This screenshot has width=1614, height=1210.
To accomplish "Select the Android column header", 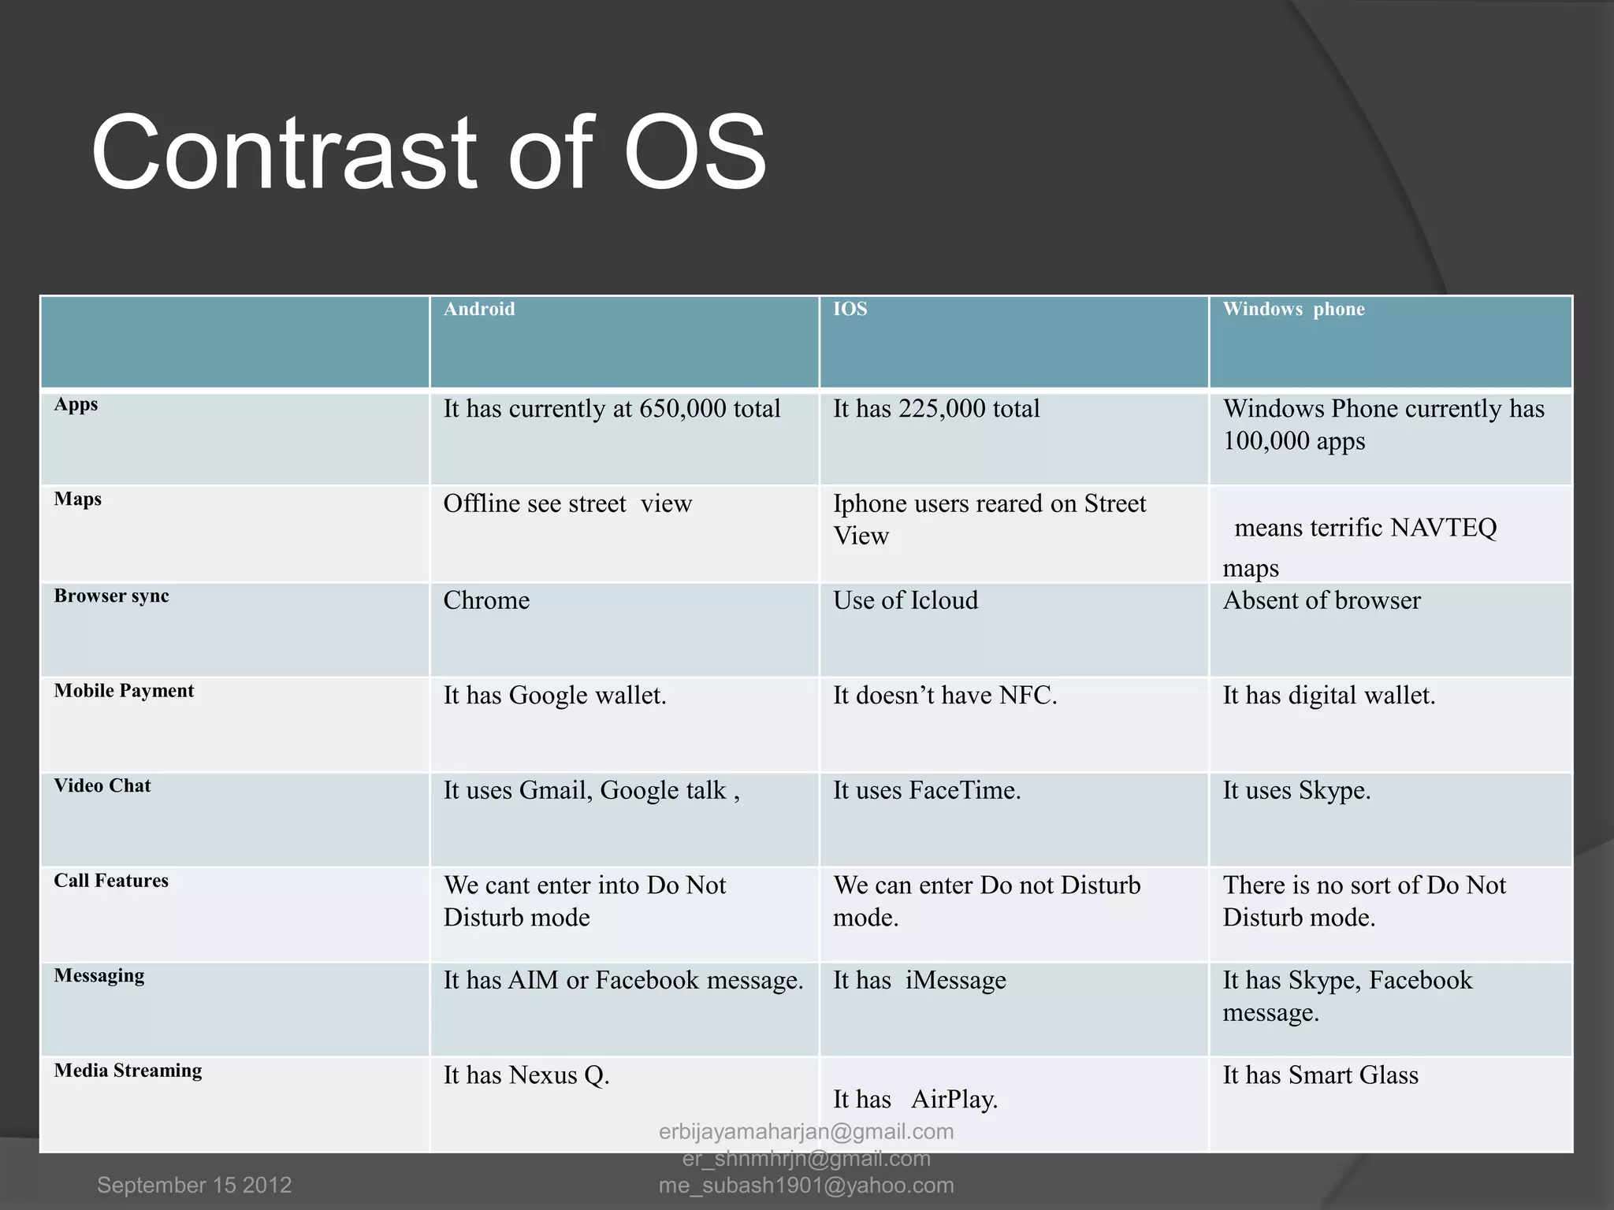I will [479, 309].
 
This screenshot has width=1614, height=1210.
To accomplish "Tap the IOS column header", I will [850, 309].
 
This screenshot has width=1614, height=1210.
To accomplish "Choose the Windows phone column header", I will [1293, 309].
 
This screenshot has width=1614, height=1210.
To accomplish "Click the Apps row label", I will [76, 404].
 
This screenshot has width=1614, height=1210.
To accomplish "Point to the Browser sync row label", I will [111, 596].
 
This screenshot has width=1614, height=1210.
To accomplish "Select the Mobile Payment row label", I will [124, 691].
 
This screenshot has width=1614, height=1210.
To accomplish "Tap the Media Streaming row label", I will [128, 1071].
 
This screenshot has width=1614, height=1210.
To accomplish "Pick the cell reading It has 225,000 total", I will [936, 409].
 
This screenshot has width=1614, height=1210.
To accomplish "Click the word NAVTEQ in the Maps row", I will [1443, 528].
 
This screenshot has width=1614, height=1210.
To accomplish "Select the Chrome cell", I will [486, 600].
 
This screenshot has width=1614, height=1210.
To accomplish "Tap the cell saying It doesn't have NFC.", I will [944, 696].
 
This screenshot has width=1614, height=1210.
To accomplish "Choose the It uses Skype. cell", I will [1296, 790].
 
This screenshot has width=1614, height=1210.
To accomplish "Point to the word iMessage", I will [955, 980].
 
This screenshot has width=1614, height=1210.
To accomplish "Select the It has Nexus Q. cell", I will [526, 1075].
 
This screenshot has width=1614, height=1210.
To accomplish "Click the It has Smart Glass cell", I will [1320, 1075].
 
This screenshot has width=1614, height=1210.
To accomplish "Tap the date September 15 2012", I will [194, 1185].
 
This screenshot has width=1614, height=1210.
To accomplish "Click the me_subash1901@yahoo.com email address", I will [806, 1185].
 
